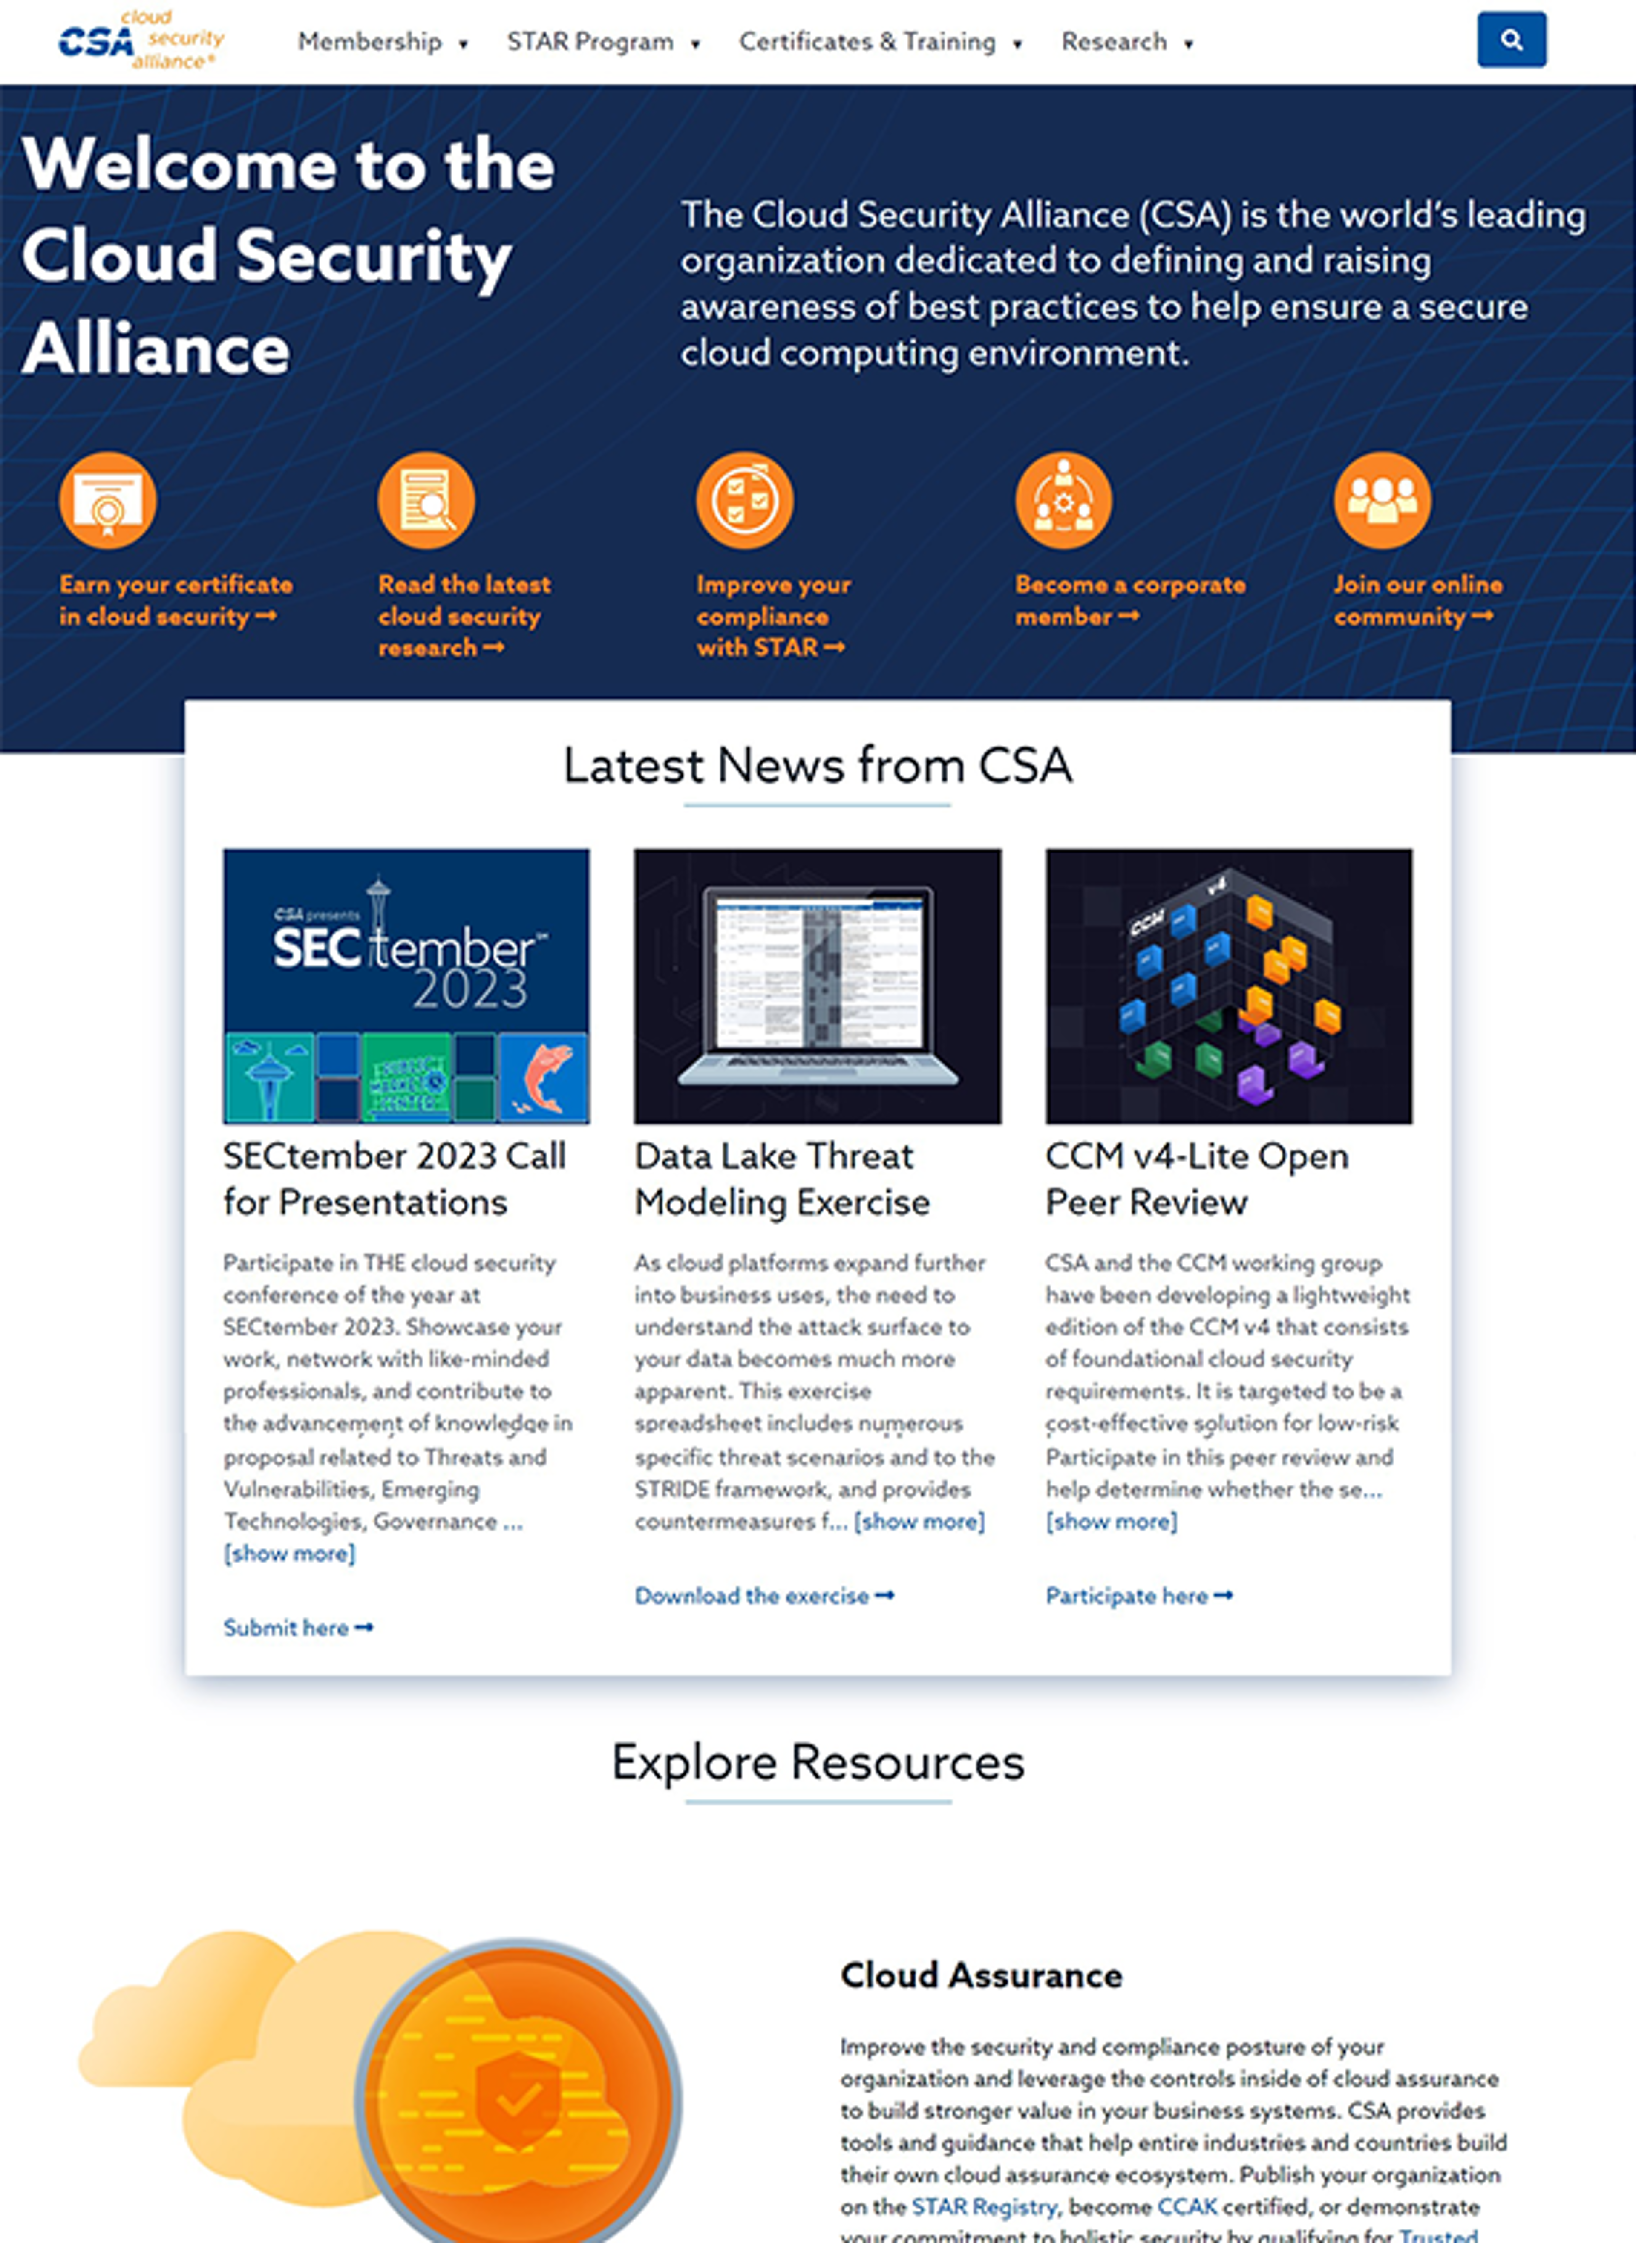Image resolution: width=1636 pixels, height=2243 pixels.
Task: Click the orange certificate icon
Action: coord(108,500)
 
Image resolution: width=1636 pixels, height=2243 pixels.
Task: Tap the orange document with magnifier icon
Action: coord(426,500)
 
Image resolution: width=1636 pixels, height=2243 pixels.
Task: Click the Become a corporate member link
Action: coord(1129,600)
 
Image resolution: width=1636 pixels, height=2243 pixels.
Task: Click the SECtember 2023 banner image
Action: coord(406,985)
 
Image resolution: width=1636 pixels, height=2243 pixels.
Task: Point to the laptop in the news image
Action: coord(817,985)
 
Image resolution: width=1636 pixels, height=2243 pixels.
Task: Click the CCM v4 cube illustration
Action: coord(1228,985)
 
